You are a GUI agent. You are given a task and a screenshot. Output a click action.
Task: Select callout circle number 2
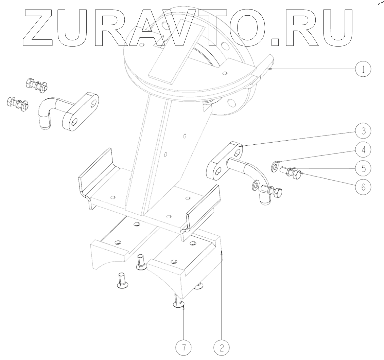(221, 347)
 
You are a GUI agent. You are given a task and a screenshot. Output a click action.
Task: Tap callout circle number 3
(363, 131)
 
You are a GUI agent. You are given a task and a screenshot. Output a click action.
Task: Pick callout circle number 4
(363, 149)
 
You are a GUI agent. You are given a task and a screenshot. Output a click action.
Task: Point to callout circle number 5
(363, 168)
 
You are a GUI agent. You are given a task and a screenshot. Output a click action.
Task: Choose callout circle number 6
(363, 186)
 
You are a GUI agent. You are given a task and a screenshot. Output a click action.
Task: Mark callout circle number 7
(184, 347)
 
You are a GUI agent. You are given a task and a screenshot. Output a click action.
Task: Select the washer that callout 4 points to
(275, 166)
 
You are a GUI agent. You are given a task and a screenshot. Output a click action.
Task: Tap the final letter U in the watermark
(335, 27)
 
